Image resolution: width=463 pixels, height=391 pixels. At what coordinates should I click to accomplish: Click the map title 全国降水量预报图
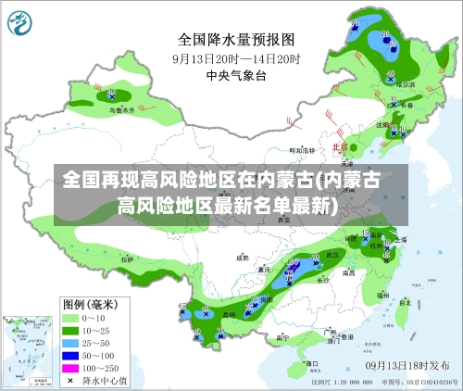(235, 40)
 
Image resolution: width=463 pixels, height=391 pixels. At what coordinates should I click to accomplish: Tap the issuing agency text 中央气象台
(235, 74)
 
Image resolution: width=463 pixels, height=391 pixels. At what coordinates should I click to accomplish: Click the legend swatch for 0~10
(71, 318)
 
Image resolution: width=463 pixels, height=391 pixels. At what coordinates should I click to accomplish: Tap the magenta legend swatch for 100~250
(71, 368)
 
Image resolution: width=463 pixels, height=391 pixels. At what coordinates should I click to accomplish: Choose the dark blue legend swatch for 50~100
(71, 356)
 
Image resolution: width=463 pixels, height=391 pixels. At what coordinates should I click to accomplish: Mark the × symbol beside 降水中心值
(71, 380)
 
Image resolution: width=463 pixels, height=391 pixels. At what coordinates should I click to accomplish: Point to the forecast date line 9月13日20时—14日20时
(235, 57)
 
